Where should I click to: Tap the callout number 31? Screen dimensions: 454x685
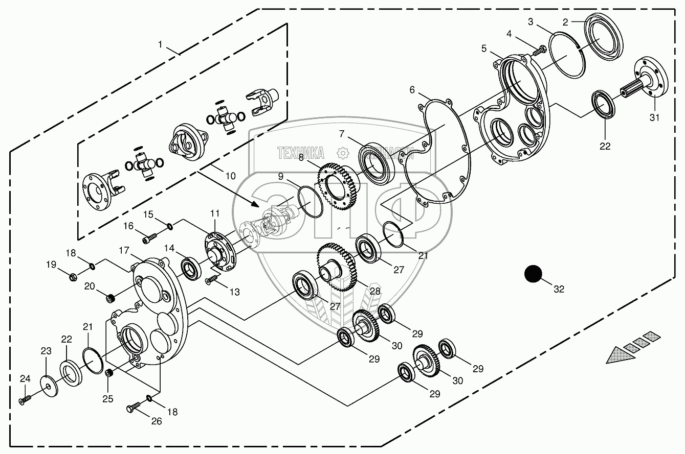click(x=655, y=117)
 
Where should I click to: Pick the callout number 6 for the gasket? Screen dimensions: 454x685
click(x=413, y=90)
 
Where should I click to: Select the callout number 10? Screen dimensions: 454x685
click(x=230, y=176)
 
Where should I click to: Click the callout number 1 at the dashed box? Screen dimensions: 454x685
click(x=160, y=45)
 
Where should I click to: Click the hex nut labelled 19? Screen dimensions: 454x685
click(x=73, y=277)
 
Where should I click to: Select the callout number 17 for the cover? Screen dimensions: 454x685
click(x=124, y=251)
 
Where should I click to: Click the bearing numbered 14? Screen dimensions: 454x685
click(x=192, y=268)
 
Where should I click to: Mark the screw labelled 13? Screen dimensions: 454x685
click(x=212, y=280)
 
